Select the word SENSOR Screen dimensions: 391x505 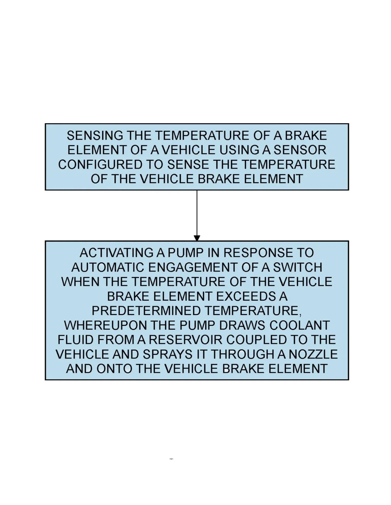pos(300,150)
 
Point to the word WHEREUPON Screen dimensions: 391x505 pos(105,325)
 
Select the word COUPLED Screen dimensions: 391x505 pos(256,340)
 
